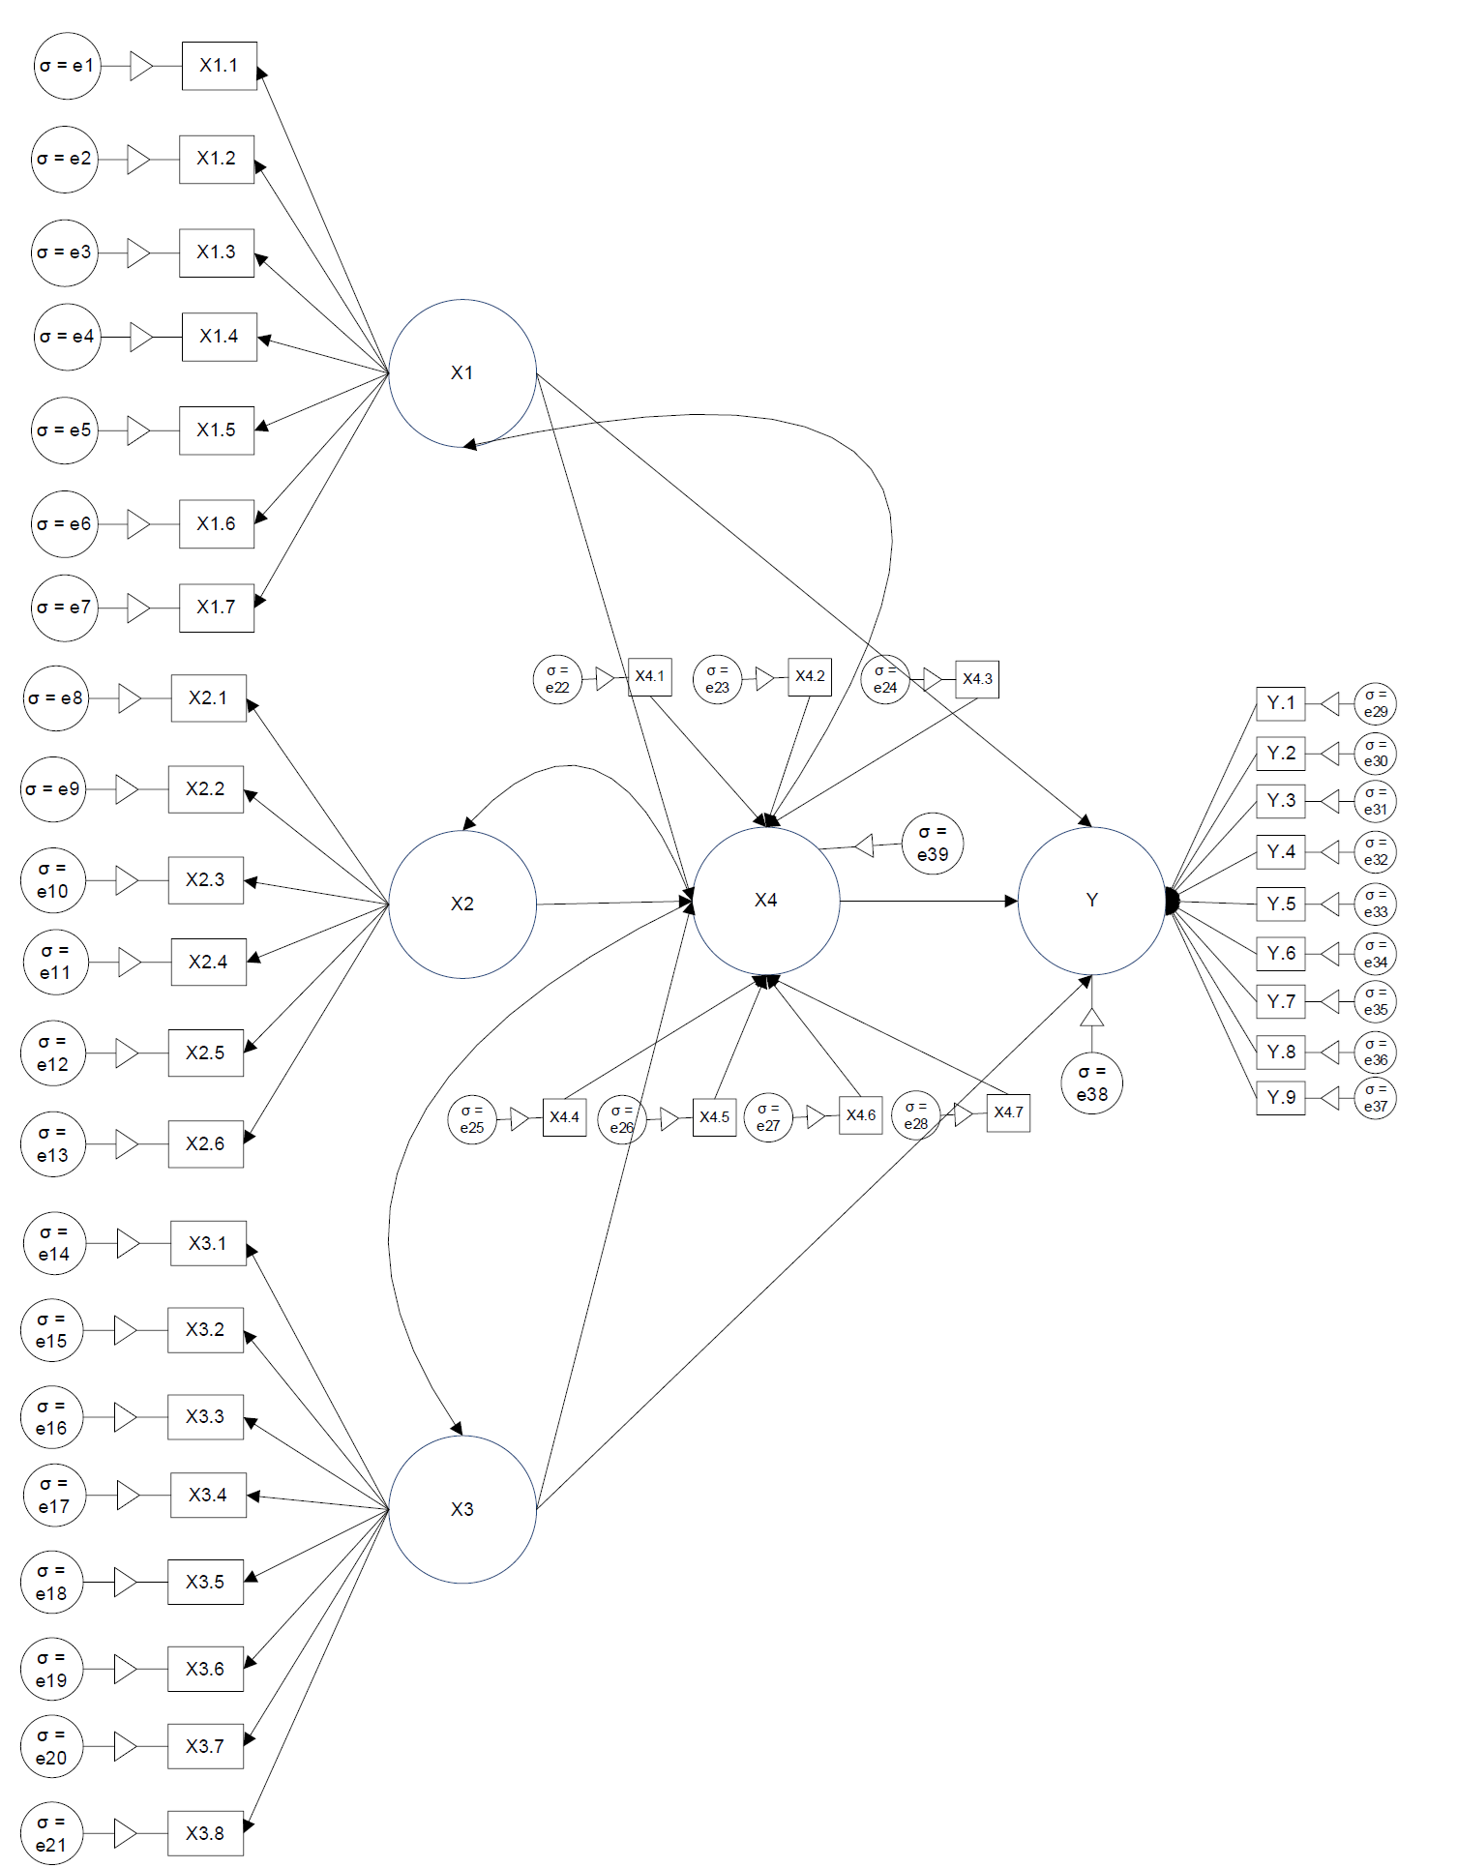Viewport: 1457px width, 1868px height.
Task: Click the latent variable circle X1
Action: click(462, 373)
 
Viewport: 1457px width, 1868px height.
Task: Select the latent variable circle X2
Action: click(462, 904)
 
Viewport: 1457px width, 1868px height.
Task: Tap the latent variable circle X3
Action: click(462, 1509)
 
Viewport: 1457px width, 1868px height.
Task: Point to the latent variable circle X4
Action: click(766, 901)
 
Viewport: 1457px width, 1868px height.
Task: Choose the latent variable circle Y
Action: click(1091, 901)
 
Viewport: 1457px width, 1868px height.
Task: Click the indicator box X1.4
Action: click(220, 337)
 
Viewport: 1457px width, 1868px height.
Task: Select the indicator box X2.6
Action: click(205, 1144)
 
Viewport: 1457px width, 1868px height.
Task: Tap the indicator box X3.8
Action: click(205, 1833)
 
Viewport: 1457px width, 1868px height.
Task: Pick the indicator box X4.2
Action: click(810, 676)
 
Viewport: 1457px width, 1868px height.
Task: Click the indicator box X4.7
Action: click(1008, 1112)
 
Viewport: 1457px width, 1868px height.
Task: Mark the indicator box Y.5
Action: click(1281, 904)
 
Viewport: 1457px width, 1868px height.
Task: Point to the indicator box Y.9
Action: click(1281, 1098)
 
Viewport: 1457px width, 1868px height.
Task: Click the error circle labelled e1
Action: click(67, 66)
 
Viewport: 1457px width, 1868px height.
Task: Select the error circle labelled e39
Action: click(933, 844)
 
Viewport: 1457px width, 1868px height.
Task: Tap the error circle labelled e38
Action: click(1091, 1083)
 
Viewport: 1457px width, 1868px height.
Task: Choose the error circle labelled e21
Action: click(51, 1833)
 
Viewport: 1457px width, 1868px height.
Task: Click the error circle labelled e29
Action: click(1375, 703)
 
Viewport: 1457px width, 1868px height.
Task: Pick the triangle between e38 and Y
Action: click(1091, 1017)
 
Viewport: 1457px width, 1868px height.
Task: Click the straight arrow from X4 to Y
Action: click(929, 901)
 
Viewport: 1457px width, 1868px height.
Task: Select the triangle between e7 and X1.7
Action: click(138, 608)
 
